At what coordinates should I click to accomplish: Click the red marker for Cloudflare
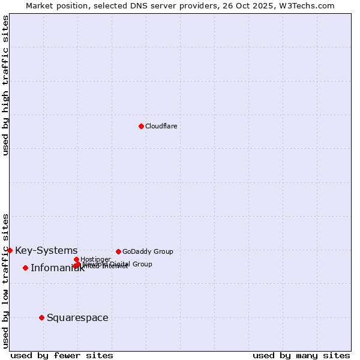[141, 126]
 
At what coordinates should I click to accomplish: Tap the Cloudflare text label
[161, 126]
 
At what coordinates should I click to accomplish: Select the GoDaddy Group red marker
[118, 251]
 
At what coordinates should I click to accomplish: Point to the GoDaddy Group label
[148, 251]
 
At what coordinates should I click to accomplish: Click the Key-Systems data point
[10, 250]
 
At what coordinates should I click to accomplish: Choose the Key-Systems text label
[46, 250]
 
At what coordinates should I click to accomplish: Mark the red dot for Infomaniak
[25, 268]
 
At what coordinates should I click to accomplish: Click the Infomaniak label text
[57, 268]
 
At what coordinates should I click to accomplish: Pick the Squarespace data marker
[41, 317]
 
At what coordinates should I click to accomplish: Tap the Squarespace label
[77, 317]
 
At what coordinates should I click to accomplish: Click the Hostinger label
[95, 259]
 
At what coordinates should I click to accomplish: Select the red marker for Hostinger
[76, 259]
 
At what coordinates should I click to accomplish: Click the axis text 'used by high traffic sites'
[6, 85]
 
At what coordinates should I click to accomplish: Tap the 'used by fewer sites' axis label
[62, 355]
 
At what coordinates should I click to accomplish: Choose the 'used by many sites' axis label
[301, 355]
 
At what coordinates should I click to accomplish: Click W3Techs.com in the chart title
[309, 5]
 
